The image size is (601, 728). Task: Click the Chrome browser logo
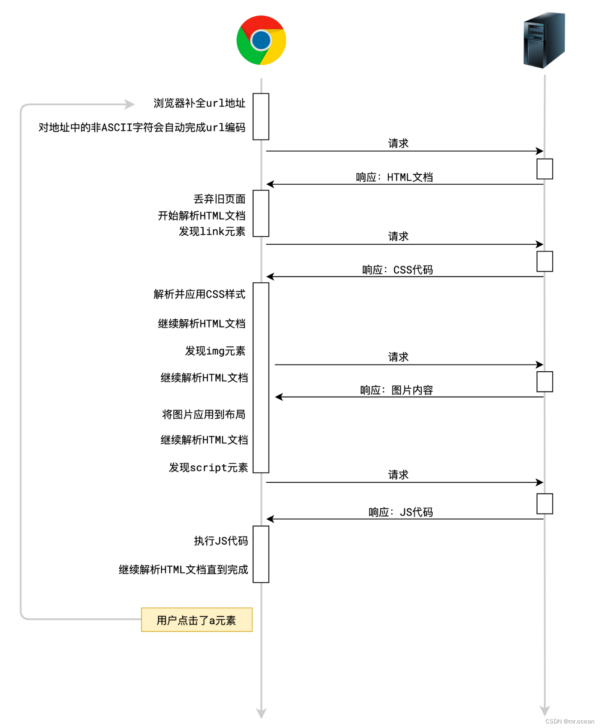[261, 40]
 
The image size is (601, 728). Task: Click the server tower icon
[544, 40]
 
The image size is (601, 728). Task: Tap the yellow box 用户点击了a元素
[196, 620]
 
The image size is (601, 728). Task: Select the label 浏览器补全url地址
[199, 103]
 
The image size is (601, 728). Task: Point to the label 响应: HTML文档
[394, 177]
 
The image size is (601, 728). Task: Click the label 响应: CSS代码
[397, 270]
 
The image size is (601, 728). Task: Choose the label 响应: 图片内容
[396, 390]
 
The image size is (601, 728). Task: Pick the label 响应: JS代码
[401, 512]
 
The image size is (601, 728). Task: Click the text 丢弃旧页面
[219, 199]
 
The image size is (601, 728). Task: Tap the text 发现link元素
[212, 232]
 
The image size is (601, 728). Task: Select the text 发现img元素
[215, 351]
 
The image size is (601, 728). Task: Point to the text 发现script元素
[208, 467]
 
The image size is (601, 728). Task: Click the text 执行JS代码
[221, 541]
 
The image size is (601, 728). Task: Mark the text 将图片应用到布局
[204, 414]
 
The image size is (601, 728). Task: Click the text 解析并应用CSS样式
[199, 294]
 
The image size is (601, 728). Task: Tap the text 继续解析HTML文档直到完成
[183, 569]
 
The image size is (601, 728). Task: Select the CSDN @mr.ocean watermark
[569, 721]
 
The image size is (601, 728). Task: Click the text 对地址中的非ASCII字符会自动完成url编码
[142, 127]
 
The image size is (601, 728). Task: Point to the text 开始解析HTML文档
[201, 215]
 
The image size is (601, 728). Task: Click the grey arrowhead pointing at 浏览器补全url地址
[130, 105]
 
